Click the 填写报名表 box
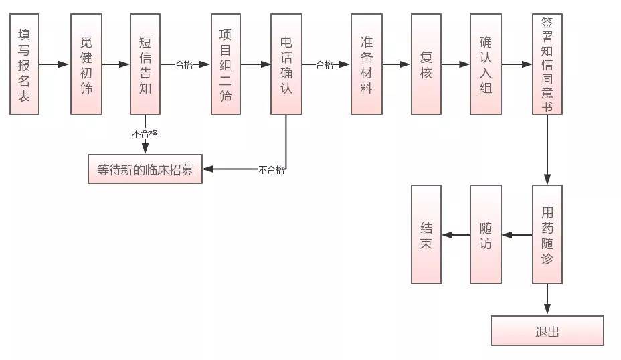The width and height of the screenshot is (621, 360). pos(25,64)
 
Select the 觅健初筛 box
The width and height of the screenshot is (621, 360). pos(86,64)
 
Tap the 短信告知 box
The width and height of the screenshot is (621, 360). pos(145,64)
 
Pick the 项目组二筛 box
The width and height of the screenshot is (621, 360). pos(226,64)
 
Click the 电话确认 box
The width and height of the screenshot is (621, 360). pos(286,64)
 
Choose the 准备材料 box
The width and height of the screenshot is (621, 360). pos(366,64)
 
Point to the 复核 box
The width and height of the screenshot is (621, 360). pos(426,64)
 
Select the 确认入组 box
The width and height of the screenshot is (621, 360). pos(486,64)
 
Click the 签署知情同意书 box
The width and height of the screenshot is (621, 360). pos(547,64)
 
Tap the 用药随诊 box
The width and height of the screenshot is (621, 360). pos(547,235)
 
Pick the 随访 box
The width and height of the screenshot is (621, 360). pos(486,235)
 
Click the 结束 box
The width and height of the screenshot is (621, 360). pos(426,235)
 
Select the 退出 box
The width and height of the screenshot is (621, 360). pos(547,331)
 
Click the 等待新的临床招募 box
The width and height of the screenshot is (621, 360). pos(145,169)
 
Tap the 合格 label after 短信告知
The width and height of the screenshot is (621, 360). pos(184,65)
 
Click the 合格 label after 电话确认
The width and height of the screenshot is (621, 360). pos(325,65)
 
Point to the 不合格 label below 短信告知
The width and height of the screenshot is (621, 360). pos(145,134)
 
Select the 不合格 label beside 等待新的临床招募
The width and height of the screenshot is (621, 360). pos(271,170)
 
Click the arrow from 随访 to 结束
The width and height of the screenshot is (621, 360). pos(456,235)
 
